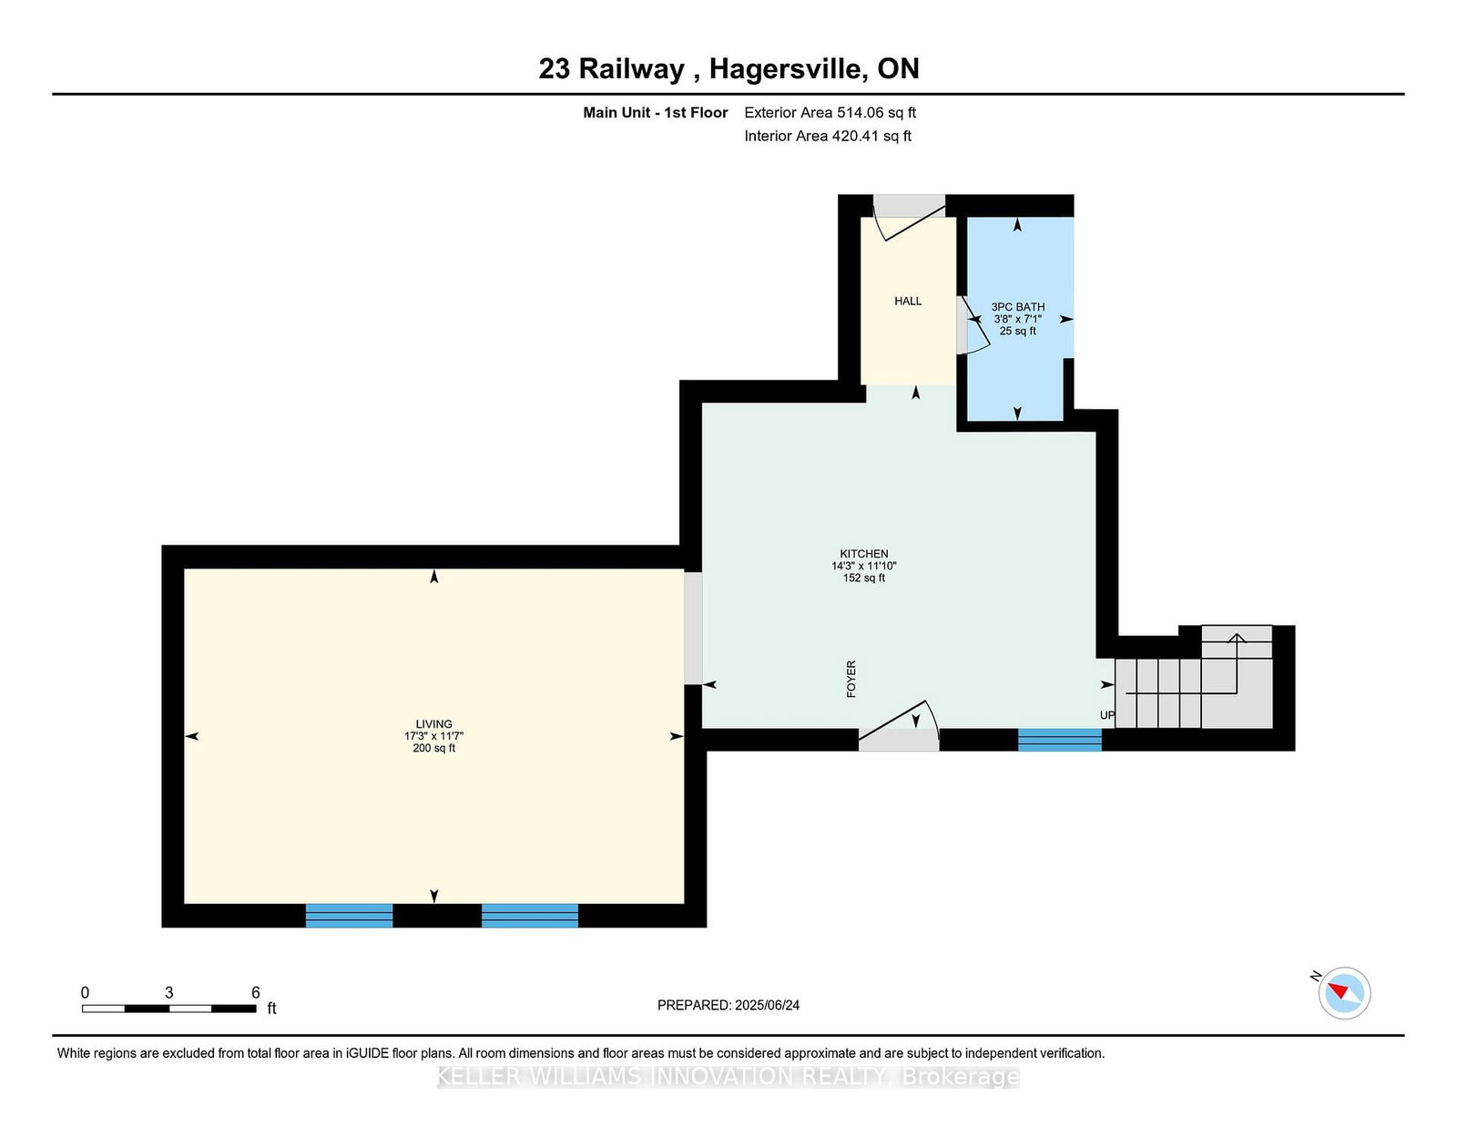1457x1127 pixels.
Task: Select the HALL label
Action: pyautogui.click(x=908, y=302)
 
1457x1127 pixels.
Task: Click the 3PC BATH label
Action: pyautogui.click(x=1018, y=308)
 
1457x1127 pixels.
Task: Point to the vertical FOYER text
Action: pyautogui.click(x=851, y=679)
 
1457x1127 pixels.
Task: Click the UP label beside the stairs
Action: pyautogui.click(x=1106, y=715)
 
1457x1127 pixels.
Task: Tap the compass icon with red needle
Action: pyautogui.click(x=1344, y=992)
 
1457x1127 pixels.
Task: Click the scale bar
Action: pyautogui.click(x=168, y=1008)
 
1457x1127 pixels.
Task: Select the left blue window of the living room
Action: pyautogui.click(x=349, y=915)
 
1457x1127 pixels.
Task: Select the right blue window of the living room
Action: pyautogui.click(x=529, y=915)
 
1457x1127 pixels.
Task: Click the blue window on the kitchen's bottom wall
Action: pyautogui.click(x=1059, y=739)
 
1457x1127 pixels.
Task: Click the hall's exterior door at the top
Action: pyautogui.click(x=909, y=217)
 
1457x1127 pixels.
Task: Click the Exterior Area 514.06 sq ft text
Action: pyautogui.click(x=830, y=113)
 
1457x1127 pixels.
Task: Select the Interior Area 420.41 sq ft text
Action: pyautogui.click(x=827, y=136)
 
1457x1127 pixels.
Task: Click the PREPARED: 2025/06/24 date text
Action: pyautogui.click(x=728, y=1005)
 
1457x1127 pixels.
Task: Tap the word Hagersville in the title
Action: pyautogui.click(x=788, y=69)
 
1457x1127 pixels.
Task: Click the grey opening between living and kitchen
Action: pyautogui.click(x=693, y=628)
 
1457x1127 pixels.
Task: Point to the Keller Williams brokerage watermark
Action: pyautogui.click(x=728, y=1077)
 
